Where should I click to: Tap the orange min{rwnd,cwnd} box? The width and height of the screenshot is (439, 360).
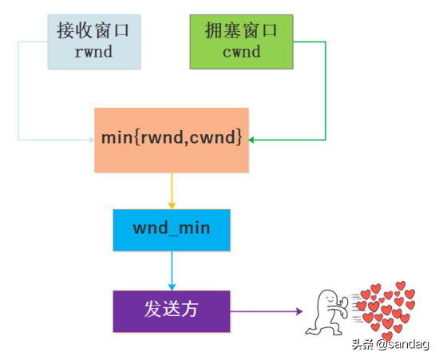pos(171,140)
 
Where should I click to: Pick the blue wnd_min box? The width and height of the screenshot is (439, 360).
pos(171,230)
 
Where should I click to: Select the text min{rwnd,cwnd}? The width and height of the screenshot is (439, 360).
pos(171,138)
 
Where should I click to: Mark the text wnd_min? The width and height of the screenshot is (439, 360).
pos(171,230)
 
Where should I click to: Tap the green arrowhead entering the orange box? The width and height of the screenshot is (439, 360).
pos(252,140)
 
